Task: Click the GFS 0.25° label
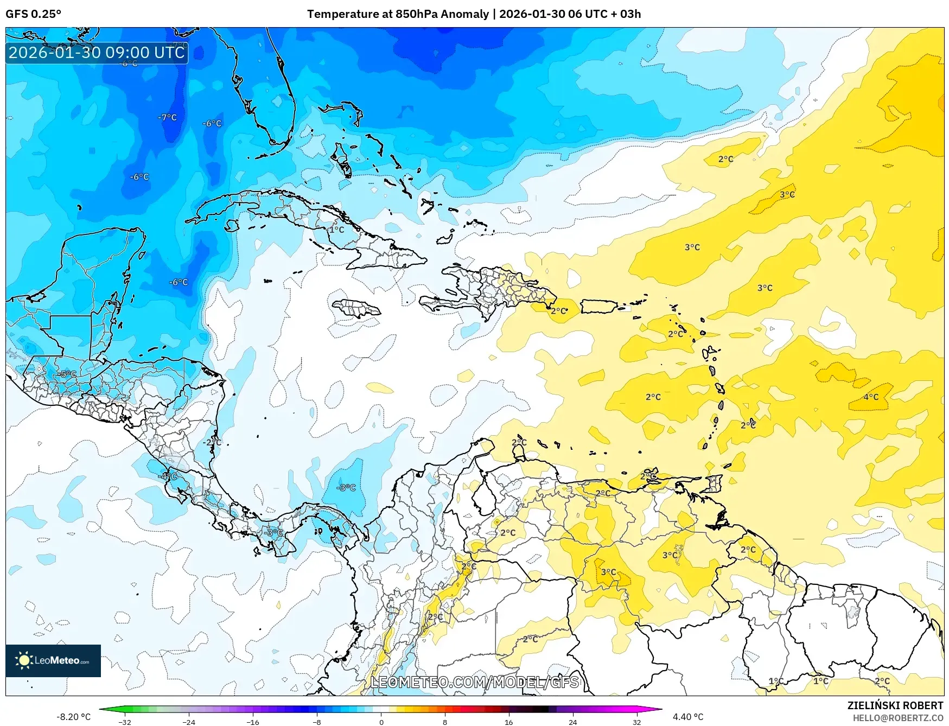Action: click(x=33, y=14)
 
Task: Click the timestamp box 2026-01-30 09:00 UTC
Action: click(x=97, y=53)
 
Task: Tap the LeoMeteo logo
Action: click(x=53, y=660)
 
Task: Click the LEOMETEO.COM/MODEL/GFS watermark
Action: click(x=474, y=682)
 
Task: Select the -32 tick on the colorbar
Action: click(x=125, y=722)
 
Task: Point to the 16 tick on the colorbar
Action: click(x=508, y=722)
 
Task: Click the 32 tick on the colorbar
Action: click(x=636, y=722)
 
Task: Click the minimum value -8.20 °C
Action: click(x=74, y=717)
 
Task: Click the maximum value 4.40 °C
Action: click(x=687, y=717)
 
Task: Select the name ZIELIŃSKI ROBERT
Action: click(x=895, y=705)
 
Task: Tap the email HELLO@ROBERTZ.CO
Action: click(x=898, y=718)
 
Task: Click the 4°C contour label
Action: click(x=871, y=397)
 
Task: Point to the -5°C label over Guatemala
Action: click(x=67, y=374)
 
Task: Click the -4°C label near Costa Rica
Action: click(x=168, y=476)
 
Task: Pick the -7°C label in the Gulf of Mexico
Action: click(x=167, y=117)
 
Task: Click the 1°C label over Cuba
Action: click(x=336, y=230)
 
